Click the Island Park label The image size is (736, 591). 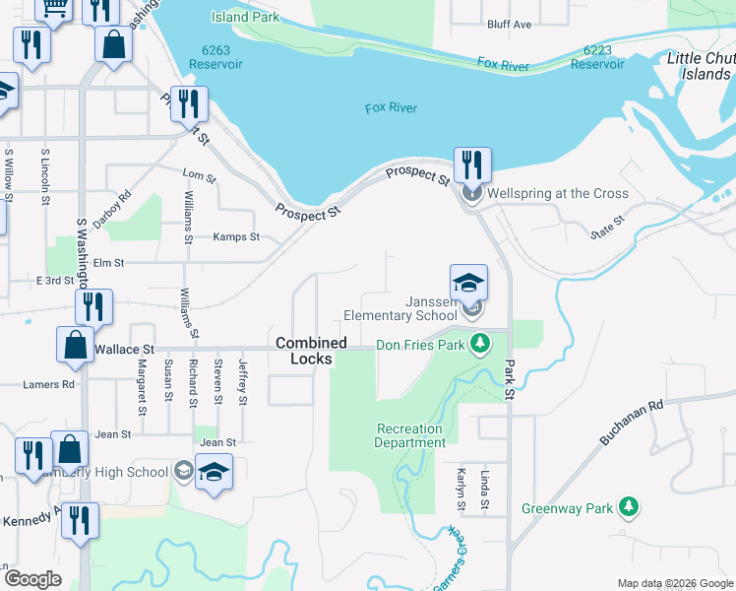246,17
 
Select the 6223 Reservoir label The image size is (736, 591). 597,57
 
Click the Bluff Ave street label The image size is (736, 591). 509,24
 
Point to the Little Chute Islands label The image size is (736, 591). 702,66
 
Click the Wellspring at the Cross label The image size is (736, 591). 557,193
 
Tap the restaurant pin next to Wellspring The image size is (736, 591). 472,164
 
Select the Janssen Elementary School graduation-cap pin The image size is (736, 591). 469,282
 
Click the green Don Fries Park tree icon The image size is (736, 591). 480,343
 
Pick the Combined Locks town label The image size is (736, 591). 311,351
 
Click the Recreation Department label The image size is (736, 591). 409,435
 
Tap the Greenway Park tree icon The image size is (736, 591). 628,507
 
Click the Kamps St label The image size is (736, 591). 236,237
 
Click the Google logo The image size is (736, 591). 31,579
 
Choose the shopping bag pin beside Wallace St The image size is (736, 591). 75,346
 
